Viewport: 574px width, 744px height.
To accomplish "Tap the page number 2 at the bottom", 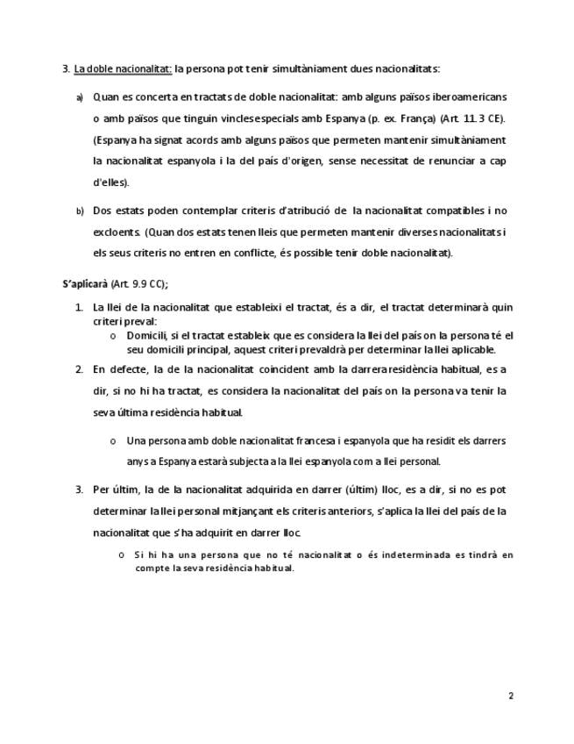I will click(510, 696).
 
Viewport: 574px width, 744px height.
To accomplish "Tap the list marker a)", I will click(79, 97).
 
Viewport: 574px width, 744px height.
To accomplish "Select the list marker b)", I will click(79, 211).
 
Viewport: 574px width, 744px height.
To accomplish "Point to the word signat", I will click(170, 139).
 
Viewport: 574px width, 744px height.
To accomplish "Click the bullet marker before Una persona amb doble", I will click(113, 441).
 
